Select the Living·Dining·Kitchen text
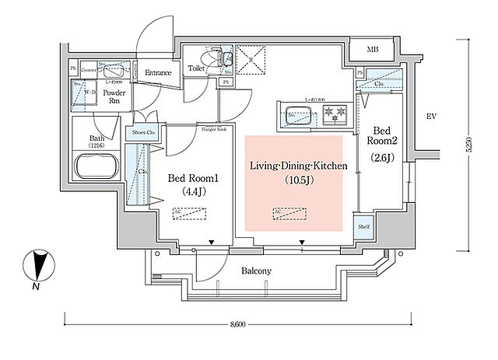point(298,166)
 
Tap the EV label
point(430,117)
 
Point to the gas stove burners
point(336,117)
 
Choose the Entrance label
point(159,73)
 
